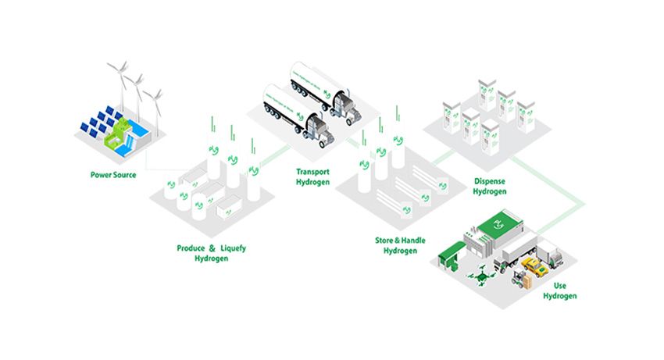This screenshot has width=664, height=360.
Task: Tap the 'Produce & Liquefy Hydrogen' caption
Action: [x=211, y=253]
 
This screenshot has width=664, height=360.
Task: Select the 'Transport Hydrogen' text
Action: [x=312, y=176]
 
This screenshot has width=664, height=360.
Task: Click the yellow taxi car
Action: [x=534, y=268]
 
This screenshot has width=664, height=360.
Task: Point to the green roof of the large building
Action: [x=501, y=226]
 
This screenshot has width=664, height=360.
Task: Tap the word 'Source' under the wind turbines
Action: [x=123, y=175]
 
